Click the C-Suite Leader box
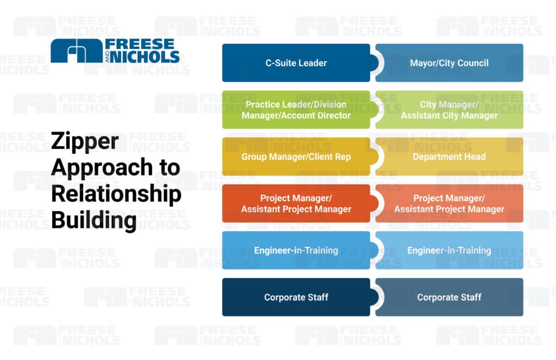[296, 63]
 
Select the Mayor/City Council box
[449, 63]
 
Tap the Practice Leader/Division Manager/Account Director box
[296, 110]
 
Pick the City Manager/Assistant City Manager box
[449, 110]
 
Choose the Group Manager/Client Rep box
[296, 157]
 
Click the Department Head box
[449, 157]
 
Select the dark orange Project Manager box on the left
[296, 204]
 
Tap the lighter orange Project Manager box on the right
[449, 204]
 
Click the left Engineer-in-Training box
[296, 250]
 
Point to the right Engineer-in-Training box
[449, 250]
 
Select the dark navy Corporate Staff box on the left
[296, 297]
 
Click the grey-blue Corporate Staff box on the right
[449, 297]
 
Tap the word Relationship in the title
[116, 194]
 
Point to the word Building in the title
[93, 220]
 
